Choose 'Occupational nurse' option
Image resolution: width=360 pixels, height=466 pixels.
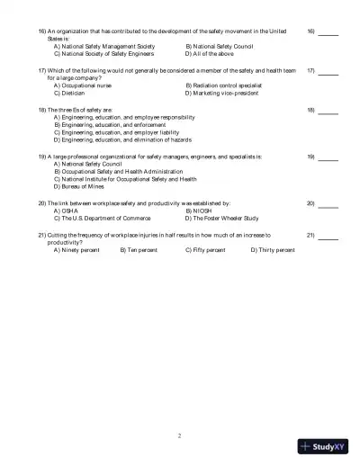pos(84,85)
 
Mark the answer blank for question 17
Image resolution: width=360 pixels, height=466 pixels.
pos(328,71)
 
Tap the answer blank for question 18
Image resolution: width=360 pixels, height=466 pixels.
pos(328,112)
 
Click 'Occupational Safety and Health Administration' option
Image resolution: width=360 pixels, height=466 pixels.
pos(121,172)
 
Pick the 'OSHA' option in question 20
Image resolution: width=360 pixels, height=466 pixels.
pos(70,211)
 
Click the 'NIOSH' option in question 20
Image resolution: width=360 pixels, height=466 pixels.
pos(201,211)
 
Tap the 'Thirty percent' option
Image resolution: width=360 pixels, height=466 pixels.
pos(275,250)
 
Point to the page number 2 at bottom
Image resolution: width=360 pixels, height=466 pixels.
pos(180,435)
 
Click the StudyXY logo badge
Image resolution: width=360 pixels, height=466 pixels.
pos(323,445)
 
